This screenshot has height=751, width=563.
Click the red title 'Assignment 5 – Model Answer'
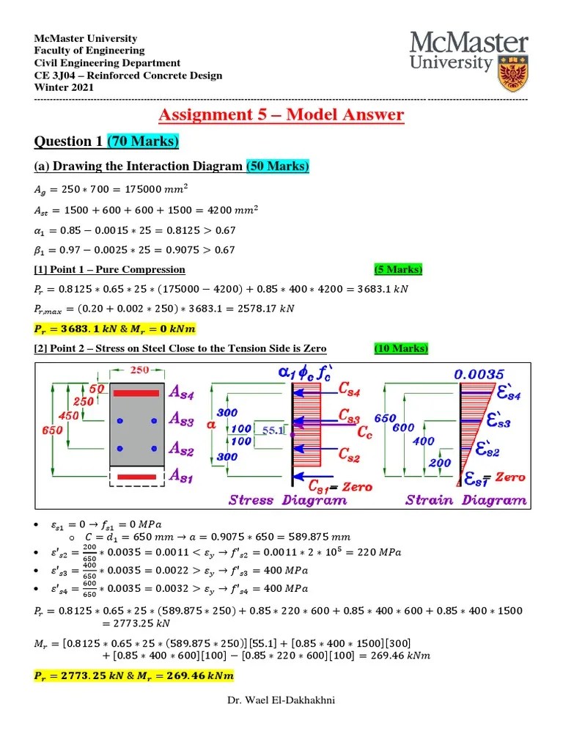point(281,114)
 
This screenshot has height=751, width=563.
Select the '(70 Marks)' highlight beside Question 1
point(143,141)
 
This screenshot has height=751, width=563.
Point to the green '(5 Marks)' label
point(398,269)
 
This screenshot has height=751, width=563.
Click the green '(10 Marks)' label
point(401,348)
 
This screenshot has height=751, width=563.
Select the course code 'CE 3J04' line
point(128,76)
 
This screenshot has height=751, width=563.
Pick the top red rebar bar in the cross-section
point(136,393)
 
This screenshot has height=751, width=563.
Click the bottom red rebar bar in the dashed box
point(136,477)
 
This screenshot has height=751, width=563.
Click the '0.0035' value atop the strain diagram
point(474,374)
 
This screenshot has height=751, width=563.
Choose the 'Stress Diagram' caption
point(288,500)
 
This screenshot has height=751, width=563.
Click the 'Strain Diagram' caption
point(466,500)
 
